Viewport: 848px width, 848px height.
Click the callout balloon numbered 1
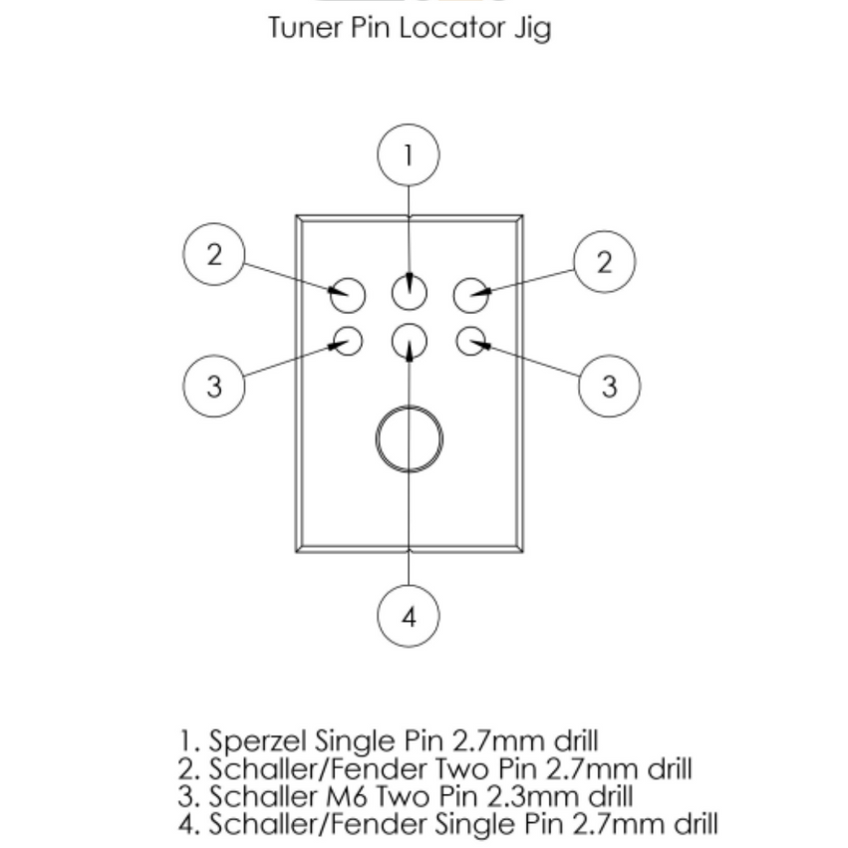coord(409,155)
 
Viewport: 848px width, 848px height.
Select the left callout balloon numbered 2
coord(214,255)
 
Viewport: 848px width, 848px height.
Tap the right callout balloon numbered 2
coord(604,262)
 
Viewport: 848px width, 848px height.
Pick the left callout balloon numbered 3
coord(214,386)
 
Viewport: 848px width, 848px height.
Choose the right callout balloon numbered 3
coord(609,386)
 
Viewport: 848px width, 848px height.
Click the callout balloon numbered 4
coord(409,617)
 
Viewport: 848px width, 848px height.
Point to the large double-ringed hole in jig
coord(409,437)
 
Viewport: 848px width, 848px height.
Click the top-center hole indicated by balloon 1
coord(409,293)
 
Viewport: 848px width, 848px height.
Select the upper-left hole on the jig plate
coord(348,294)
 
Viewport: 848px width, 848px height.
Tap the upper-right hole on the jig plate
coord(470,295)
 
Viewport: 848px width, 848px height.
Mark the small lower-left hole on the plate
coord(347,342)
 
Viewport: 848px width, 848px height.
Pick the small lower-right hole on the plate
coord(470,342)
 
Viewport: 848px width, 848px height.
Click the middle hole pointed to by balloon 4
coord(409,342)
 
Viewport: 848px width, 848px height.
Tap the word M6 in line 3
coord(378,796)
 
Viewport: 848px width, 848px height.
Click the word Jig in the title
coord(531,28)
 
